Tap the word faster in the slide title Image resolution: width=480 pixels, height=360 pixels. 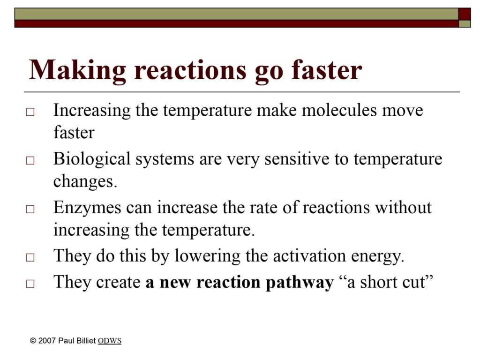tap(326, 69)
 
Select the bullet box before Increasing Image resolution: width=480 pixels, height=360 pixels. tap(30, 112)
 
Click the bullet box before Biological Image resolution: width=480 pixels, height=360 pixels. tap(30, 160)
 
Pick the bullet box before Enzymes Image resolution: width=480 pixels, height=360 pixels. tap(30, 209)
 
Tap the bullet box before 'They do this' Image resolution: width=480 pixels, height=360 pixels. tap(30, 257)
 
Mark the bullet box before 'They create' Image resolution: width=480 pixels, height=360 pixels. tap(30, 284)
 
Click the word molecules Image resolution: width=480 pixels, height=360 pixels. tap(339, 110)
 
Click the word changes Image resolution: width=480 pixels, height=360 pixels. tap(85, 181)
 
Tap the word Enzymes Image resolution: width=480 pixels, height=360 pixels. tap(87, 208)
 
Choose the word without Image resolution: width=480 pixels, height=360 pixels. tap(403, 207)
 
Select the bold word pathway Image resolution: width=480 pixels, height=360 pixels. tap(300, 283)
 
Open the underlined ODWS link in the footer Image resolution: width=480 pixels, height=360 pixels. tap(110, 341)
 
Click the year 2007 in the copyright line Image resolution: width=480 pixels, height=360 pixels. tap(47, 341)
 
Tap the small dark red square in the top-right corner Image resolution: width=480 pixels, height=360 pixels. tap(465, 14)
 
